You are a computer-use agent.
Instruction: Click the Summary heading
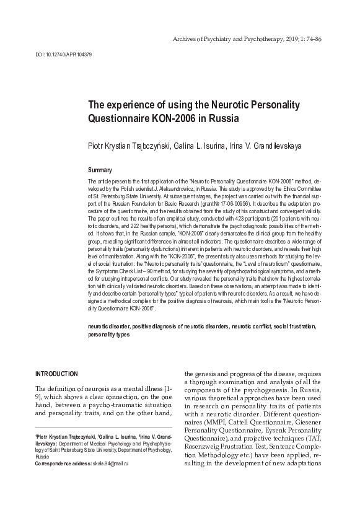tap(100, 169)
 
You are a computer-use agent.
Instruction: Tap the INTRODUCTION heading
tap(56, 374)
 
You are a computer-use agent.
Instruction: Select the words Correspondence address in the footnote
tap(59, 481)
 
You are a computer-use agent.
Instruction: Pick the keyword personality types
tap(108, 333)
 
